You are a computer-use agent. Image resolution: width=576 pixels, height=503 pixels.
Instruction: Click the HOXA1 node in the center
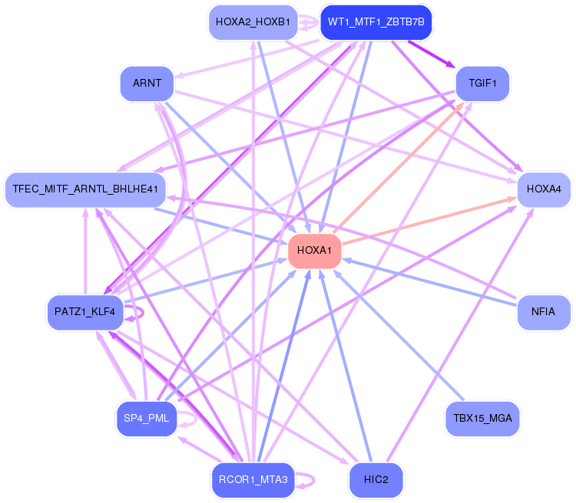314,251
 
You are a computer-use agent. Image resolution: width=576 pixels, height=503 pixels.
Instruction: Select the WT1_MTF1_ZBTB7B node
376,22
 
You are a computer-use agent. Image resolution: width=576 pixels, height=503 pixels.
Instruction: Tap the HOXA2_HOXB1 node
253,22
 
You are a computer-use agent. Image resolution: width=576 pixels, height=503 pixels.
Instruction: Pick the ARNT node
147,84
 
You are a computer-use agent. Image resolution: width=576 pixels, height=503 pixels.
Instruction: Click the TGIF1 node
482,84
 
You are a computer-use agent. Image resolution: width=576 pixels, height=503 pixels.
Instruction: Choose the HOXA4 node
544,189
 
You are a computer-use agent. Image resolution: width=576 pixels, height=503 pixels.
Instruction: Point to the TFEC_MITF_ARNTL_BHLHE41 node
85,189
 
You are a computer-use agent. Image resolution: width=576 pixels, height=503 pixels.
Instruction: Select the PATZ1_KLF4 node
84,312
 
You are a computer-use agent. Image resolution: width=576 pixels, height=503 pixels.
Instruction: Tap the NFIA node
544,312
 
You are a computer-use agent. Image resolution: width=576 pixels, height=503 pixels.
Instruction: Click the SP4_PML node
147,418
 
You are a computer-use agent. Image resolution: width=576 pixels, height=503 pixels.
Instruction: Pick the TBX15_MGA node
482,418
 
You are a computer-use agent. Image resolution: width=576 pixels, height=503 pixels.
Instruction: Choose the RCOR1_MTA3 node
253,479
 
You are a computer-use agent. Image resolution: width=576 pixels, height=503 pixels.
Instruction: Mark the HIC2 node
376,479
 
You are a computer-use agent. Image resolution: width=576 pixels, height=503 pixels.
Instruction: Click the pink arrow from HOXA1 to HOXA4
429,221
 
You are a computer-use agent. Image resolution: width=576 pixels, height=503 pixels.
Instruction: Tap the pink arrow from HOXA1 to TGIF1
399,168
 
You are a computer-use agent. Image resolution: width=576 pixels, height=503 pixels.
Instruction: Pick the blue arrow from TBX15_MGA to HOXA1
399,335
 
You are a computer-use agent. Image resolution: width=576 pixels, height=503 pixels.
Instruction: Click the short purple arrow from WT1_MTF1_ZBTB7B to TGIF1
432,54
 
